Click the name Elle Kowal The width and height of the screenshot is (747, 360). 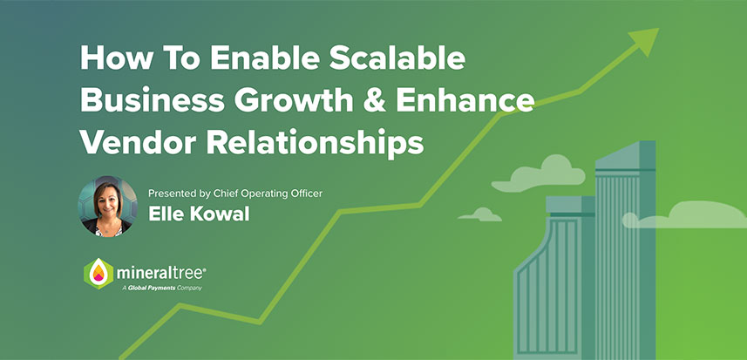click(199, 214)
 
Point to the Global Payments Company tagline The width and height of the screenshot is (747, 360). click(157, 287)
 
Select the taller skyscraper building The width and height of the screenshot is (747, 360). click(626, 253)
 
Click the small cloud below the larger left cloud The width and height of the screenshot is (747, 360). click(480, 214)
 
